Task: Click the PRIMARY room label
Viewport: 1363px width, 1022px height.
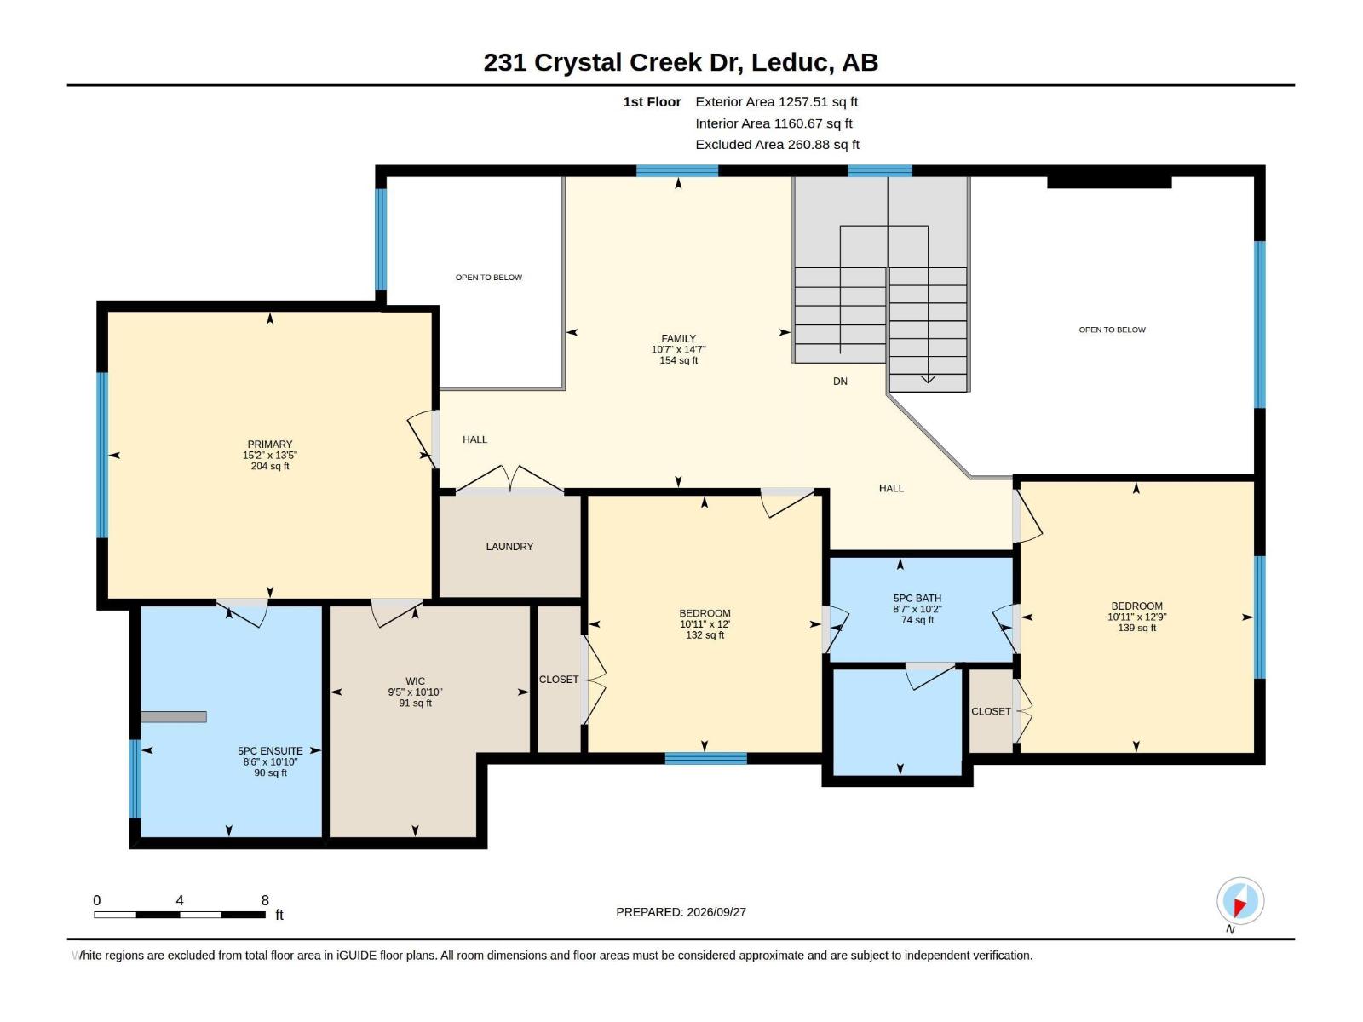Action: pos(269,445)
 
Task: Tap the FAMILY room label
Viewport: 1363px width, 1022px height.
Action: pos(678,339)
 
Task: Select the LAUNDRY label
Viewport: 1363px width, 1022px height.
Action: pos(509,547)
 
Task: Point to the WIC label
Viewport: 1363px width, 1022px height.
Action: pos(415,681)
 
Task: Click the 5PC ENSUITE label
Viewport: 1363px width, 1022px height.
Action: pos(270,751)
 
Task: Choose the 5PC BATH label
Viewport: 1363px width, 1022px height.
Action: pos(917,598)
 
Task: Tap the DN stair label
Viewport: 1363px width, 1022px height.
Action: pos(840,382)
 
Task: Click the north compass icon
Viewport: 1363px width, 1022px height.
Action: pos(1239,901)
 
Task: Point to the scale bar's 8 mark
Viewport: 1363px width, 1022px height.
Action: pos(265,900)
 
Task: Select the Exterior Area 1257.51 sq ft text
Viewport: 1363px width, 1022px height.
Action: pos(776,101)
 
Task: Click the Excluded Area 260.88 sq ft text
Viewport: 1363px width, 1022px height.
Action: pos(777,145)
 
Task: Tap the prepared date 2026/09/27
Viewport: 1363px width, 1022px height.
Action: pos(716,912)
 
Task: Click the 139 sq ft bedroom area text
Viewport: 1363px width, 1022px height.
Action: pos(1136,628)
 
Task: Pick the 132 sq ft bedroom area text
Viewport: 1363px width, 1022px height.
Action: pos(705,635)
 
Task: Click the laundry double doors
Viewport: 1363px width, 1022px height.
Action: pos(509,479)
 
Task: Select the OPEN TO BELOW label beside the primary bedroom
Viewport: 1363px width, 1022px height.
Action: pos(489,278)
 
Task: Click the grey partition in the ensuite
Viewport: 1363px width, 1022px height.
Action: pos(173,717)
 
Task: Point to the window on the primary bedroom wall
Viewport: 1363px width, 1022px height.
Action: pos(102,455)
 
